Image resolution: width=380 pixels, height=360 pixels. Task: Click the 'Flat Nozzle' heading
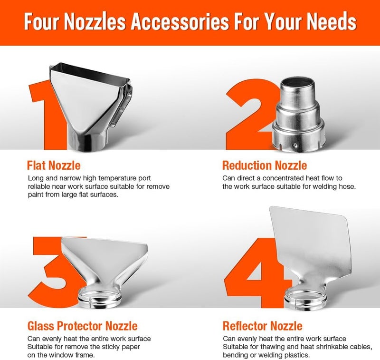point(54,165)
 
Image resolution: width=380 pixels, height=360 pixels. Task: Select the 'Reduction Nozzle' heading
point(265,165)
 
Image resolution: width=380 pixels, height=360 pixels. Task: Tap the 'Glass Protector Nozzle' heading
point(82,326)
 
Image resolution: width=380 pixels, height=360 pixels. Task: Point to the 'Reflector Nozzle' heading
point(263,326)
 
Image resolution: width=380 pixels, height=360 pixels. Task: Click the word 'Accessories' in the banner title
point(180,21)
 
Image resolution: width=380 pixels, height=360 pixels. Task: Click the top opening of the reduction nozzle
point(297,84)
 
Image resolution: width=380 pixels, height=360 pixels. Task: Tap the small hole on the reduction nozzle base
point(295,146)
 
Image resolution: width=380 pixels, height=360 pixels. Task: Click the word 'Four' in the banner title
point(42,21)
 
